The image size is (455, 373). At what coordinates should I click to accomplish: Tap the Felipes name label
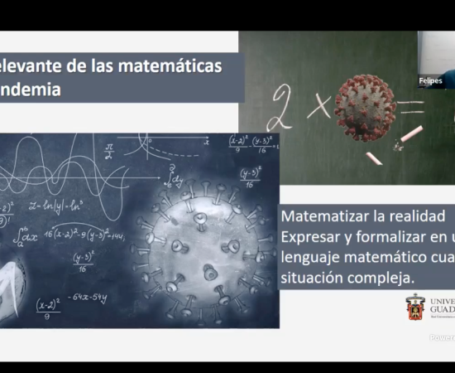point(430,81)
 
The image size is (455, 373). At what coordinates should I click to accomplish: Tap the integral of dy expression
point(171,175)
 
